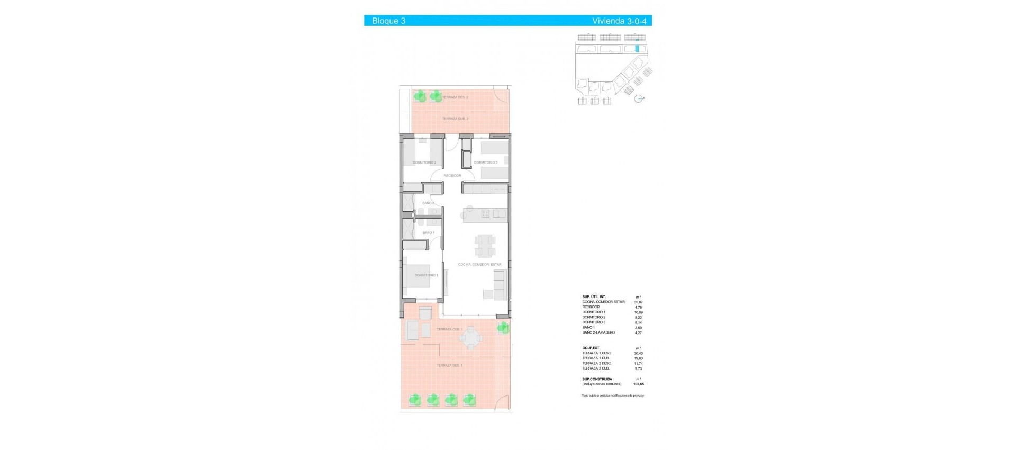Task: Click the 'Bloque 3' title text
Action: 388,21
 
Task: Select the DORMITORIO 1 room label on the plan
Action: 426,275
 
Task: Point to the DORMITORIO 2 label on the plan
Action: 424,163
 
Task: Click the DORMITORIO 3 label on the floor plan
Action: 486,163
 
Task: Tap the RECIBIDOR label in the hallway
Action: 452,175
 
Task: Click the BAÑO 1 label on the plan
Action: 428,233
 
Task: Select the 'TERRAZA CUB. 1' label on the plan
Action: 449,329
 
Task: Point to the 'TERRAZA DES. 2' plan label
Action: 455,97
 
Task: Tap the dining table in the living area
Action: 485,246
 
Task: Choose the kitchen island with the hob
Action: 484,214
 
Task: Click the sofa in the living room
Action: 500,285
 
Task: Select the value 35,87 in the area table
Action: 638,302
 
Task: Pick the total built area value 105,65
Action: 638,384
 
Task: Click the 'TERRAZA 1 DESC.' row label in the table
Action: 597,353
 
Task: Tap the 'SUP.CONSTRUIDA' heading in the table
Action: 597,379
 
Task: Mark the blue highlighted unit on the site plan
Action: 637,48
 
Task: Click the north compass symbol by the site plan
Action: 639,98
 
